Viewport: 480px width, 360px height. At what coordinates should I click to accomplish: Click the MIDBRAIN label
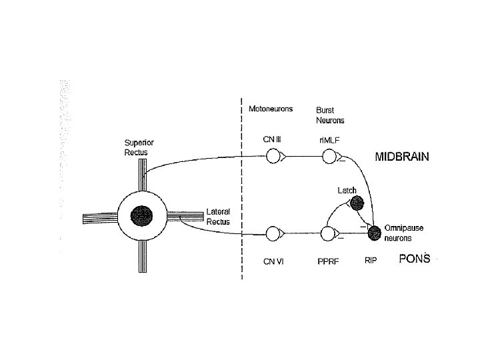click(401, 158)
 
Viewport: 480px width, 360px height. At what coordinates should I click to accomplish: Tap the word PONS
click(415, 259)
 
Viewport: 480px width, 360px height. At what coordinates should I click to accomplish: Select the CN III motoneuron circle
click(273, 157)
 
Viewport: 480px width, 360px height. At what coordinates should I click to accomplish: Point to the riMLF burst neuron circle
click(329, 157)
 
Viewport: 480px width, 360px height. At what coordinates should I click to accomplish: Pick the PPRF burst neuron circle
click(328, 234)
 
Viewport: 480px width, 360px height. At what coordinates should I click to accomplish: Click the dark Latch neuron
click(358, 203)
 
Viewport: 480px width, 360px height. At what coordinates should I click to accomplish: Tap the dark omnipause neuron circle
click(374, 233)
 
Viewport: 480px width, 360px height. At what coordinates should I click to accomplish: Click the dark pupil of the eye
click(141, 215)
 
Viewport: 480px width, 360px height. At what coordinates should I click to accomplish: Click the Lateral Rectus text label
click(218, 216)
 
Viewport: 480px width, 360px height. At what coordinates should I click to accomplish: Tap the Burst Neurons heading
click(330, 115)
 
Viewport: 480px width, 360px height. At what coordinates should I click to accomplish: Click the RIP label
click(371, 261)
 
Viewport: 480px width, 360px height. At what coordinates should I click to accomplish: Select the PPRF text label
click(329, 262)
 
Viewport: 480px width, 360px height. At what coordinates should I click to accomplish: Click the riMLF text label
click(329, 139)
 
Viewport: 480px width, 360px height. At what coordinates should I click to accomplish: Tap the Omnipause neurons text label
click(403, 233)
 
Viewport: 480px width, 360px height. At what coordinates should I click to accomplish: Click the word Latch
click(347, 190)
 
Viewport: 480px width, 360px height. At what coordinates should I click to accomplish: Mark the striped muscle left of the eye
click(99, 217)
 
